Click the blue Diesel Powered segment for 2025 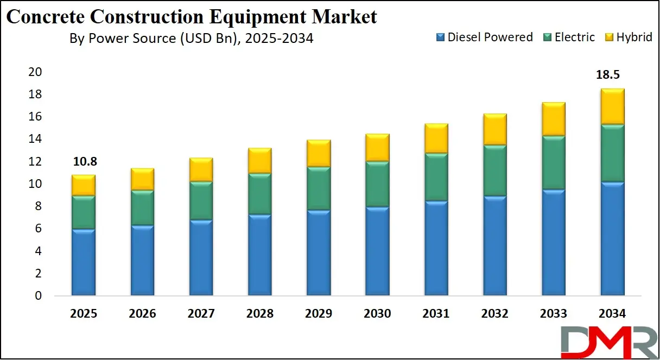click(83, 262)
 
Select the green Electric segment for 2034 click(612, 153)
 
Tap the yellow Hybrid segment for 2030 click(377, 147)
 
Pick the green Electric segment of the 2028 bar click(259, 194)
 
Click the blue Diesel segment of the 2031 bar click(436, 248)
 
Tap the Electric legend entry click(569, 37)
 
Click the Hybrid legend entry click(629, 37)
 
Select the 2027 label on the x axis click(201, 314)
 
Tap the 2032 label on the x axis click(494, 314)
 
